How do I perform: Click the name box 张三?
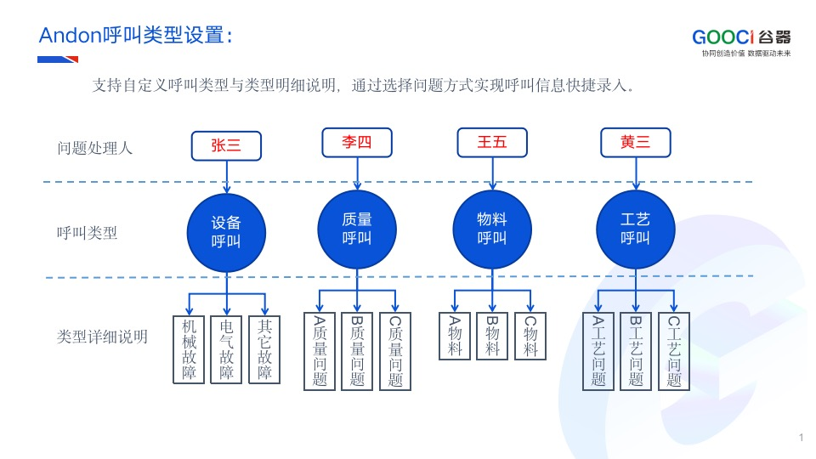[226, 145]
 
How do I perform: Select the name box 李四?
[357, 143]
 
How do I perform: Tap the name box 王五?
[492, 143]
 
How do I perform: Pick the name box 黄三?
[636, 143]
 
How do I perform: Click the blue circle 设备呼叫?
[226, 233]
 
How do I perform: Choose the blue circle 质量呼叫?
[357, 229]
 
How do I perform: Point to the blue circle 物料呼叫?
[492, 229]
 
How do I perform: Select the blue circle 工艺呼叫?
[636, 229]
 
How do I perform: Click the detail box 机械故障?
[189, 349]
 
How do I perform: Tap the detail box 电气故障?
[226, 349]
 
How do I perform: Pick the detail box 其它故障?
[264, 349]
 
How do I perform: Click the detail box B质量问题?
[357, 351]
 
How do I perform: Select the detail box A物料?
[454, 337]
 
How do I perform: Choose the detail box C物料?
[530, 337]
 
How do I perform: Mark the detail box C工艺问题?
[674, 351]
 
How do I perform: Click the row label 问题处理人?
[94, 148]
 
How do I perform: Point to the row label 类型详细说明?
[103, 337]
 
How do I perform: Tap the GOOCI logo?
[741, 42]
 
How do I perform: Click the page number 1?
[802, 438]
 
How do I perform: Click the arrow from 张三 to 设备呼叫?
[226, 177]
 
